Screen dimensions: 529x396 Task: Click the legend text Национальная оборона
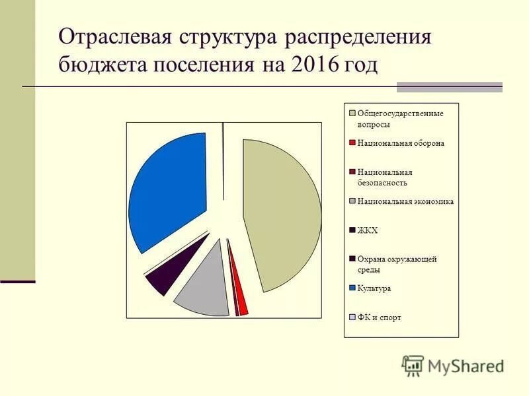pos(401,143)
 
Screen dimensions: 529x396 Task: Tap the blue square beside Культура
pos(353,288)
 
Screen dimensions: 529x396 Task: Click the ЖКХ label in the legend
pos(367,230)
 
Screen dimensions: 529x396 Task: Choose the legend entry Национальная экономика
pos(405,201)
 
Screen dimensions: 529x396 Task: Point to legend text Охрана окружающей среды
pos(397,264)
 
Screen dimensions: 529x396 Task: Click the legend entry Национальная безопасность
pos(384,177)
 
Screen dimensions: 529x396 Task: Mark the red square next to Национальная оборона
pos(353,143)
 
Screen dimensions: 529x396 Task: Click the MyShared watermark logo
pos(452,365)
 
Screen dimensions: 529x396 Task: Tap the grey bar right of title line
pos(449,86)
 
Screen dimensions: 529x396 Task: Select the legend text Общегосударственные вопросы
pos(399,118)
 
